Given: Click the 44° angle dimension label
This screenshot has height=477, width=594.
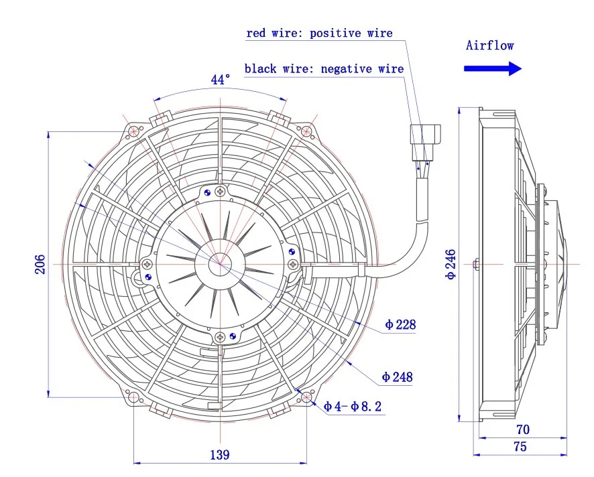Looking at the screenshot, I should (x=221, y=80).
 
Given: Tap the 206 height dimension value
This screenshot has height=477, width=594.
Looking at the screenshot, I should (x=40, y=265).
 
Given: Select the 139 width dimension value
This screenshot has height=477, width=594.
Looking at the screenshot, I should (x=219, y=455).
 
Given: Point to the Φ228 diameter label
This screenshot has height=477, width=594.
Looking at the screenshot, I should (x=400, y=325).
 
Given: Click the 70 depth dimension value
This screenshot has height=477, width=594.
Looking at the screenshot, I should (x=523, y=429).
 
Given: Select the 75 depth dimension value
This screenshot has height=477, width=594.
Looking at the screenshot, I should (x=520, y=446).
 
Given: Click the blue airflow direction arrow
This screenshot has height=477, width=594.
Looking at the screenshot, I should (x=493, y=68).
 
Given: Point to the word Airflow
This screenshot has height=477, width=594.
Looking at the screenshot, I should (x=490, y=46).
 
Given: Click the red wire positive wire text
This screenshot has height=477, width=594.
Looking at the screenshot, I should (x=320, y=33).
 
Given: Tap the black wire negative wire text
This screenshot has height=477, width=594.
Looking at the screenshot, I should (x=324, y=68).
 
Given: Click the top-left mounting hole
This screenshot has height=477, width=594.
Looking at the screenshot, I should (x=135, y=131).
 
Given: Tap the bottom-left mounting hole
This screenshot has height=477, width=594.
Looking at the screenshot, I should (x=134, y=398).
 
